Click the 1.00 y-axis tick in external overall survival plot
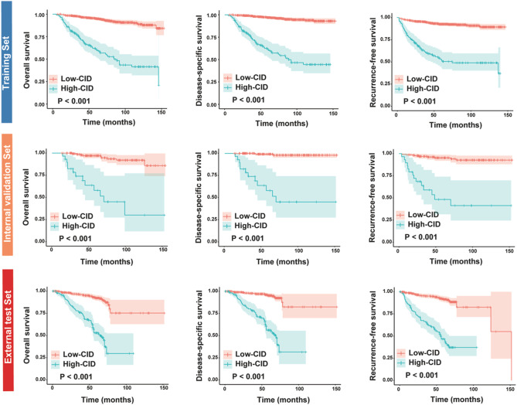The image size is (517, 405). click(x=39, y=290)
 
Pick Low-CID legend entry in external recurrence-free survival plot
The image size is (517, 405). click(x=420, y=353)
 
